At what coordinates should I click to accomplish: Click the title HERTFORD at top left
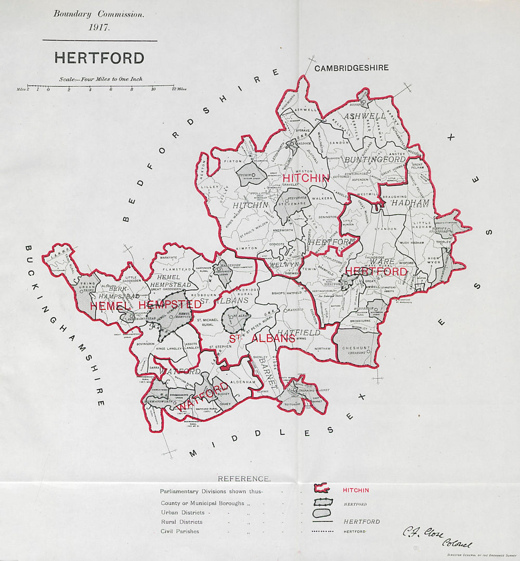[99, 58]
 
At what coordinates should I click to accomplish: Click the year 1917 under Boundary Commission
[99, 28]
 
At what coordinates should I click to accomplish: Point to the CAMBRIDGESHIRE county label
[351, 68]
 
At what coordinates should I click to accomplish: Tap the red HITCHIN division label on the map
[306, 178]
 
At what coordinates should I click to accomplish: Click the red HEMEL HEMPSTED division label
[146, 305]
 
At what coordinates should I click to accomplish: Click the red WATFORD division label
[203, 398]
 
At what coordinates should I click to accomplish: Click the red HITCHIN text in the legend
[356, 490]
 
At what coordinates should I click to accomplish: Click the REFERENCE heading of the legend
[244, 479]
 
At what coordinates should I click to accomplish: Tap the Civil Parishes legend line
[179, 531]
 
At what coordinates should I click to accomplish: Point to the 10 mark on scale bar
[153, 89]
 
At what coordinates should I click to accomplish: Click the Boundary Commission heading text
[99, 15]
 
